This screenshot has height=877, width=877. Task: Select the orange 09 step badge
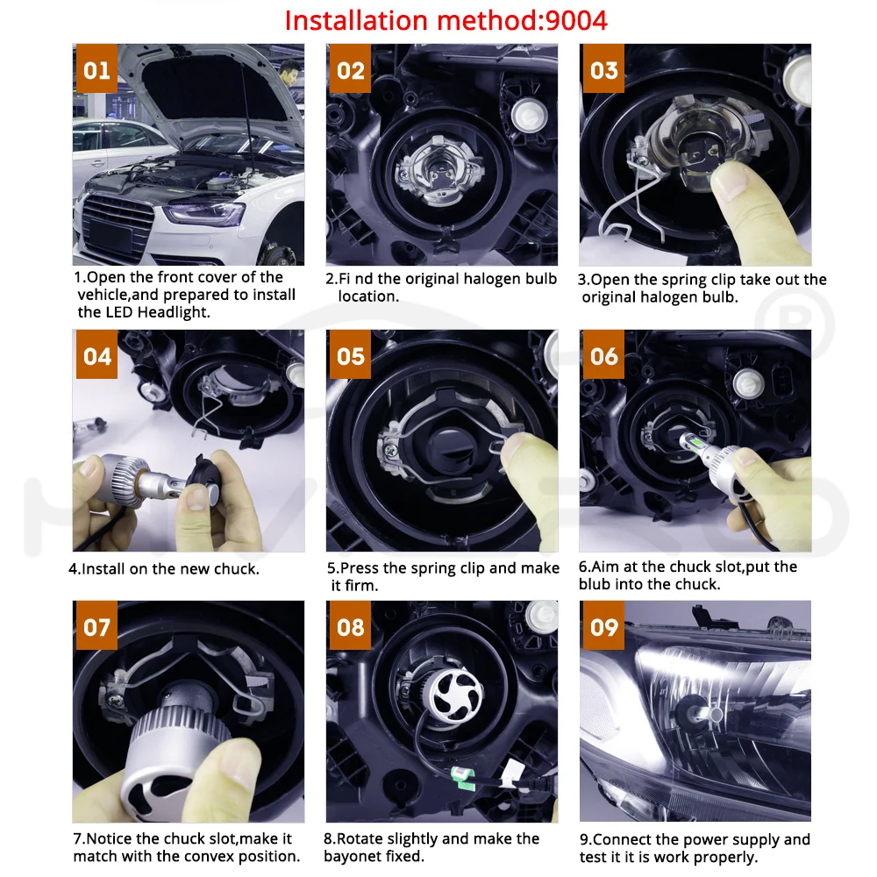(603, 626)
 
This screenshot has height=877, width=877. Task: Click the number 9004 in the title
(576, 21)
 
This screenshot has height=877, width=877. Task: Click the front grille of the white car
(118, 223)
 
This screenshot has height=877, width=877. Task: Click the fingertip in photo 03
(731, 178)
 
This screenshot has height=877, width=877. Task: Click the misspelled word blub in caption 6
(595, 584)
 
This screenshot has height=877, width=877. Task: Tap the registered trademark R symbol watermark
(794, 324)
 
